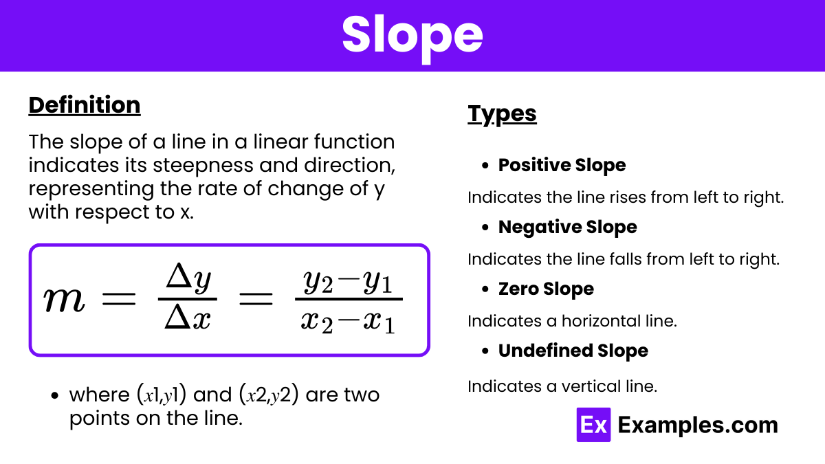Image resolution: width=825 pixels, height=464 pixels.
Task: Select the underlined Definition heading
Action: click(85, 105)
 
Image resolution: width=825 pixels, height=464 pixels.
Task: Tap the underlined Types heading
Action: click(502, 113)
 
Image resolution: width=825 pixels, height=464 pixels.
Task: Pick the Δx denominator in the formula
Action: click(188, 318)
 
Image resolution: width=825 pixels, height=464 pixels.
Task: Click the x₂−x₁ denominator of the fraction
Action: click(348, 320)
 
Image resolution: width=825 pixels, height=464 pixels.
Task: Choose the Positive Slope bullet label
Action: click(562, 165)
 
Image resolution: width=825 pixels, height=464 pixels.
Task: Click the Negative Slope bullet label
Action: click(567, 227)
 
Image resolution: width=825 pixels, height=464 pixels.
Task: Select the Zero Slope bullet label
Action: click(546, 289)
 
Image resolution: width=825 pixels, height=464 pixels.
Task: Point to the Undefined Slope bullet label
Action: click(573, 351)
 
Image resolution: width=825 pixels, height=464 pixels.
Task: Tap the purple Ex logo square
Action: click(593, 425)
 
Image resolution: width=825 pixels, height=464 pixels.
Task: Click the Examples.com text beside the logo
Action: click(697, 425)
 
